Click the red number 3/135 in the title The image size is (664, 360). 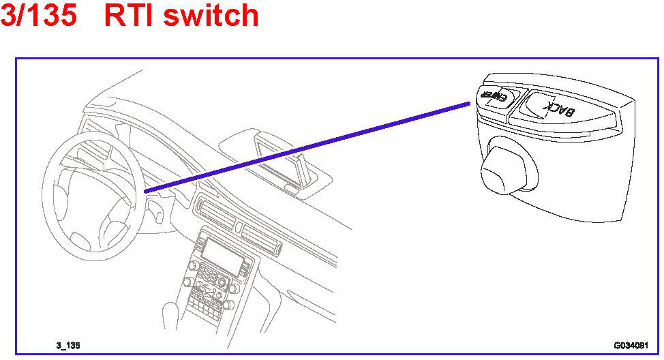coord(39,15)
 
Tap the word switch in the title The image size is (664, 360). coord(213,15)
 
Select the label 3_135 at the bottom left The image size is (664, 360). coord(68,346)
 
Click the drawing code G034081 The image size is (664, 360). coord(631,346)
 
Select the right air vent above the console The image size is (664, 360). coord(263,238)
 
